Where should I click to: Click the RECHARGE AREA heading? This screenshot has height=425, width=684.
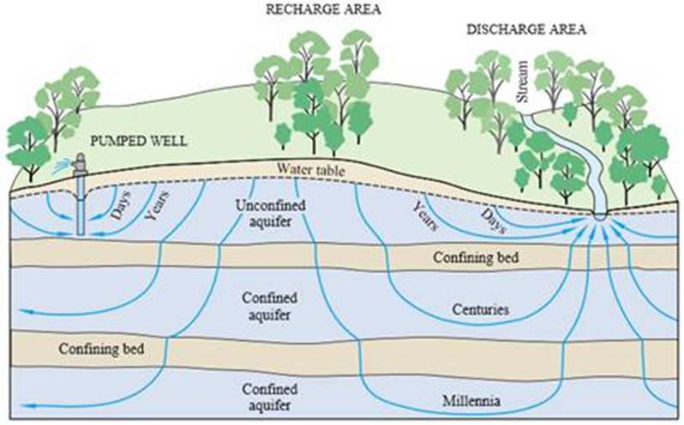(x=323, y=9)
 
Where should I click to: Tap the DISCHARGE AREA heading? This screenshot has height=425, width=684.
(x=526, y=29)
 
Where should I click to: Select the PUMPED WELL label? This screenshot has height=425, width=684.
(x=138, y=141)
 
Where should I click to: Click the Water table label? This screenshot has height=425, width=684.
(x=310, y=169)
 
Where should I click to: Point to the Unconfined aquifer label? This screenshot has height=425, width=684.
(x=270, y=213)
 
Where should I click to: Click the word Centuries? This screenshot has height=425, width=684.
(x=480, y=309)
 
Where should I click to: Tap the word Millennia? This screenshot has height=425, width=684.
(x=471, y=401)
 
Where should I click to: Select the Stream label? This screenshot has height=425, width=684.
(x=522, y=82)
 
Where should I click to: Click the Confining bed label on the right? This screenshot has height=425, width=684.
(x=476, y=257)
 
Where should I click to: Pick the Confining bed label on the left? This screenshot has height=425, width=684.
(x=101, y=349)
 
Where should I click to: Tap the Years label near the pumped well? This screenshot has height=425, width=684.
(x=157, y=205)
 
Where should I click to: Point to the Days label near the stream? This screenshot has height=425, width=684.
(x=494, y=221)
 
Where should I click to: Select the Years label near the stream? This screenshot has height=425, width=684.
(x=425, y=216)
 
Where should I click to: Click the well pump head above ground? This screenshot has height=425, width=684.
(x=81, y=162)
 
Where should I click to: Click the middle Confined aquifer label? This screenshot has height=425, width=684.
(x=270, y=307)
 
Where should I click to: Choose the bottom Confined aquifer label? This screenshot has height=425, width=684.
(x=270, y=397)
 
